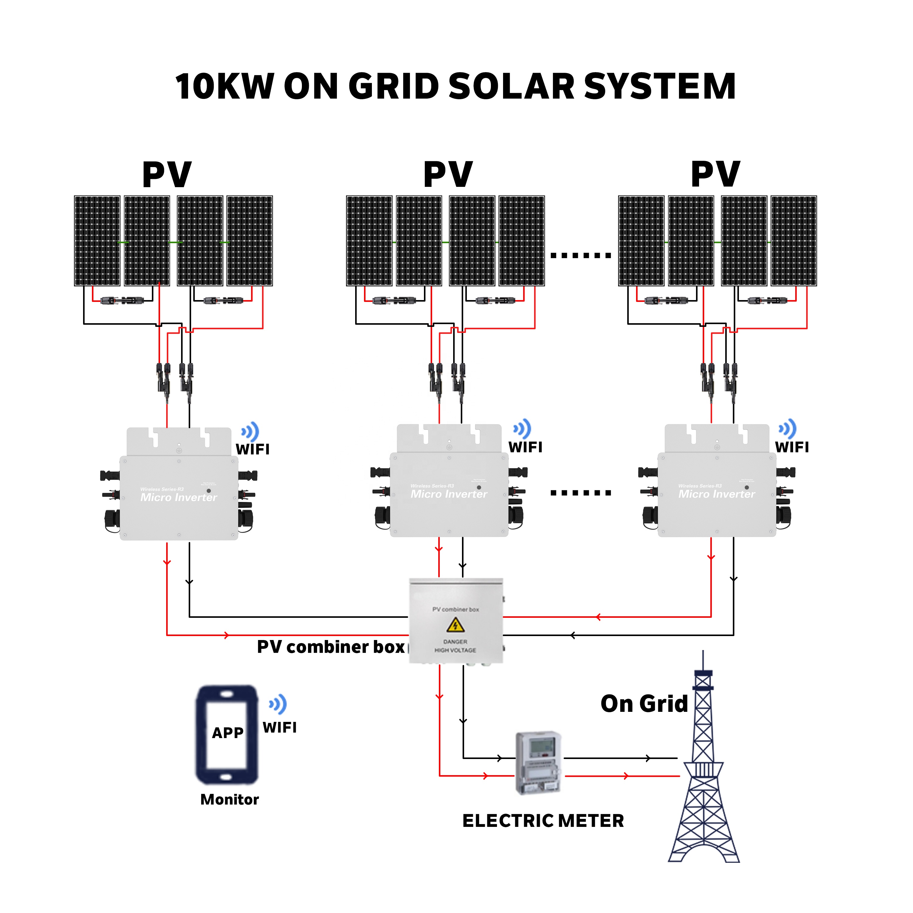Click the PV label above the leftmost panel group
pyautogui.click(x=167, y=175)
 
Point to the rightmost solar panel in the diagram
pyautogui.click(x=794, y=241)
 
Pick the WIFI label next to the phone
pyautogui.click(x=280, y=728)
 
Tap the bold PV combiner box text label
pyautogui.click(x=331, y=647)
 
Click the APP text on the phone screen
pyautogui.click(x=228, y=733)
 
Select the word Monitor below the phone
pyautogui.click(x=230, y=799)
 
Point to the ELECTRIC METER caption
pyautogui.click(x=543, y=821)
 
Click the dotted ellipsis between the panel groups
pyautogui.click(x=581, y=256)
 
